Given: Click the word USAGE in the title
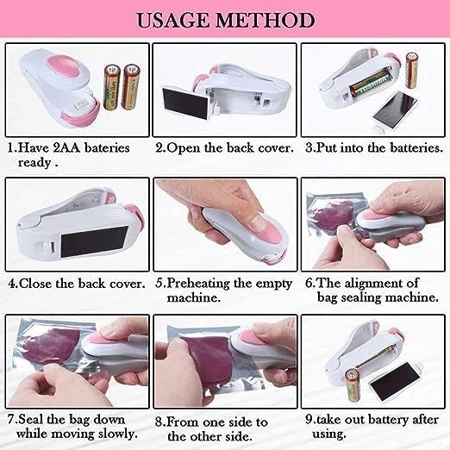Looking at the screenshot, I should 175,19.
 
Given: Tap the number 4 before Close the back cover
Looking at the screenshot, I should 13,282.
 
